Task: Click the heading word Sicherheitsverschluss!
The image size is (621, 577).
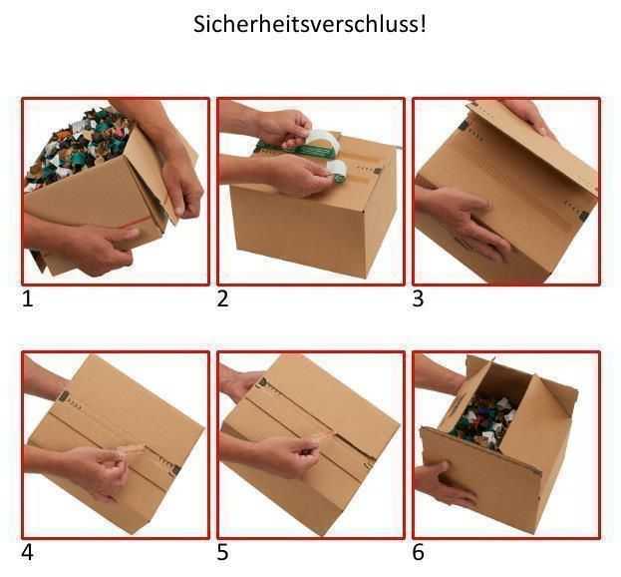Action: click(310, 24)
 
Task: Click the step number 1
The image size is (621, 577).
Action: click(28, 298)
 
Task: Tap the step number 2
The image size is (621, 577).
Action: click(223, 298)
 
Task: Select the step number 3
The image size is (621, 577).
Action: click(419, 298)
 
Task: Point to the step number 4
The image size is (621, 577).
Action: click(28, 552)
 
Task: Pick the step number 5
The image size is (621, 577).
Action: click(223, 552)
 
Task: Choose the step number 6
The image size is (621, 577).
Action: click(419, 552)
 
